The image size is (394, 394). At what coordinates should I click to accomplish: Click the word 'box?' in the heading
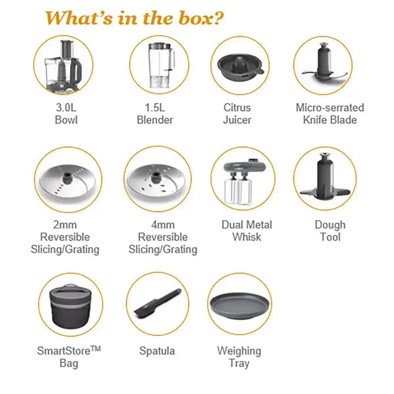(x=202, y=19)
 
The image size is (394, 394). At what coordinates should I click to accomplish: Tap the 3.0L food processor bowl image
(x=63, y=66)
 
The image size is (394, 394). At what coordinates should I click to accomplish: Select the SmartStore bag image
(x=71, y=306)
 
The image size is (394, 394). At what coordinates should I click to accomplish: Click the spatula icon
(x=158, y=303)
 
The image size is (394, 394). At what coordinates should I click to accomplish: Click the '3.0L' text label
(x=66, y=108)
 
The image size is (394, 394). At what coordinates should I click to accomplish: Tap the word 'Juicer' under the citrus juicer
(x=237, y=120)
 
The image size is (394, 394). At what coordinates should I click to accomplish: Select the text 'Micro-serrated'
(x=330, y=108)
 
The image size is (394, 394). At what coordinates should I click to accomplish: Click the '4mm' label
(x=163, y=225)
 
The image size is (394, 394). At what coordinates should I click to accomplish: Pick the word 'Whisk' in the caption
(x=247, y=237)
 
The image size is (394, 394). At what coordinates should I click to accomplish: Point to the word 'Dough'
(x=330, y=225)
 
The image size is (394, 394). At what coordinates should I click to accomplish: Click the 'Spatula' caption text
(x=157, y=351)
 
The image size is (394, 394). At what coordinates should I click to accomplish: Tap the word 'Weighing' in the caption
(x=239, y=351)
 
